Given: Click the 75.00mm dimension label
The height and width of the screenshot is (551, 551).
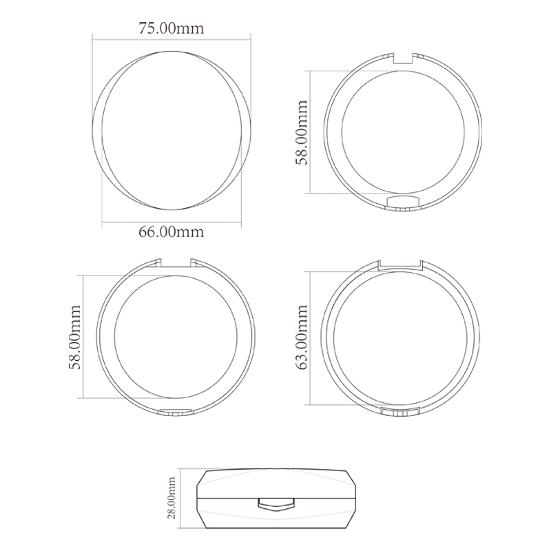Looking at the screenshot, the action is pos(171,28).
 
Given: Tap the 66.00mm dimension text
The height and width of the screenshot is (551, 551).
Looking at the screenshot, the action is pos(171,231).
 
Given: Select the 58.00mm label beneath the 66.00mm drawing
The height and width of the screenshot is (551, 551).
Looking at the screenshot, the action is pos(74,337).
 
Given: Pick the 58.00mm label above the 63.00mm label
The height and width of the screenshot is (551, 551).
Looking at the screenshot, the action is pos(301,132).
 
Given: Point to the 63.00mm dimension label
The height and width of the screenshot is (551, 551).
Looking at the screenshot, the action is pos(301,337).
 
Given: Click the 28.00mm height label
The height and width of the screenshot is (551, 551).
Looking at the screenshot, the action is pos(171,497).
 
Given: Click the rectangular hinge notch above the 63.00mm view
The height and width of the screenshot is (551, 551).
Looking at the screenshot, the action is pos(401,265).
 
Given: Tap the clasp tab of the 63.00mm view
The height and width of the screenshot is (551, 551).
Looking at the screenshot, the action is pos(400,411).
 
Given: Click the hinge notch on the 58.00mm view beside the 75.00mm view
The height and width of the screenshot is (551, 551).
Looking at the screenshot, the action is pos(403,59).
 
